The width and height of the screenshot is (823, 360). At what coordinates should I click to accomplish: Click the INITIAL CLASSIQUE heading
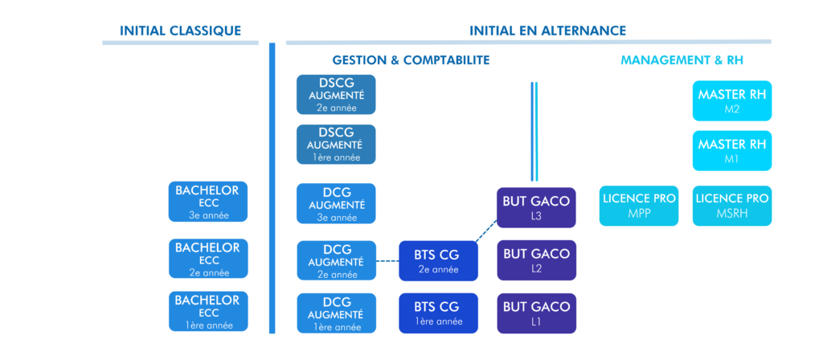point(180,31)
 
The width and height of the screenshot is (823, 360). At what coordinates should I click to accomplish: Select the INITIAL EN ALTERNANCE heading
point(547,31)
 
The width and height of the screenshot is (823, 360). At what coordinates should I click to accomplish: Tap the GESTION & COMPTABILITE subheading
point(411,60)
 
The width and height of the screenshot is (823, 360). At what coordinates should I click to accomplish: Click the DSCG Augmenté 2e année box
point(336,95)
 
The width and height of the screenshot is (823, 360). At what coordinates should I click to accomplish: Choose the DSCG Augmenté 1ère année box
point(336,145)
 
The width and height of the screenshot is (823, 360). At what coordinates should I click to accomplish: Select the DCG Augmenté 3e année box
point(336,203)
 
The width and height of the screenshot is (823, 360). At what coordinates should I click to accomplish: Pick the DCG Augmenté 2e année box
point(336,260)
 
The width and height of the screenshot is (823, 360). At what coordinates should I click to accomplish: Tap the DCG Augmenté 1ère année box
point(336,313)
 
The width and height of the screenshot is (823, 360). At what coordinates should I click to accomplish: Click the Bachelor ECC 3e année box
point(207,202)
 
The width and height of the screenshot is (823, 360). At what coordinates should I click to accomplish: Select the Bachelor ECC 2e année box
point(207,259)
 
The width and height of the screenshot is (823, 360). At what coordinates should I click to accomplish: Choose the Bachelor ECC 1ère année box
point(207,312)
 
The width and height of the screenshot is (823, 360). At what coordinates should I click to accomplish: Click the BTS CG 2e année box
point(438,260)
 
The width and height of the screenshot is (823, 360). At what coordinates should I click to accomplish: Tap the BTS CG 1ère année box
point(438,313)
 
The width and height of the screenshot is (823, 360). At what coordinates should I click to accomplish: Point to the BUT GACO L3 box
point(536,208)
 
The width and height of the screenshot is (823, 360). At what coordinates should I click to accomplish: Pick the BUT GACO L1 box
point(536,313)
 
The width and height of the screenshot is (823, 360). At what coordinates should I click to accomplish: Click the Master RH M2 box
point(731,100)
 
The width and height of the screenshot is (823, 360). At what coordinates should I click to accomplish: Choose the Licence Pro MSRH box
point(731,205)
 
